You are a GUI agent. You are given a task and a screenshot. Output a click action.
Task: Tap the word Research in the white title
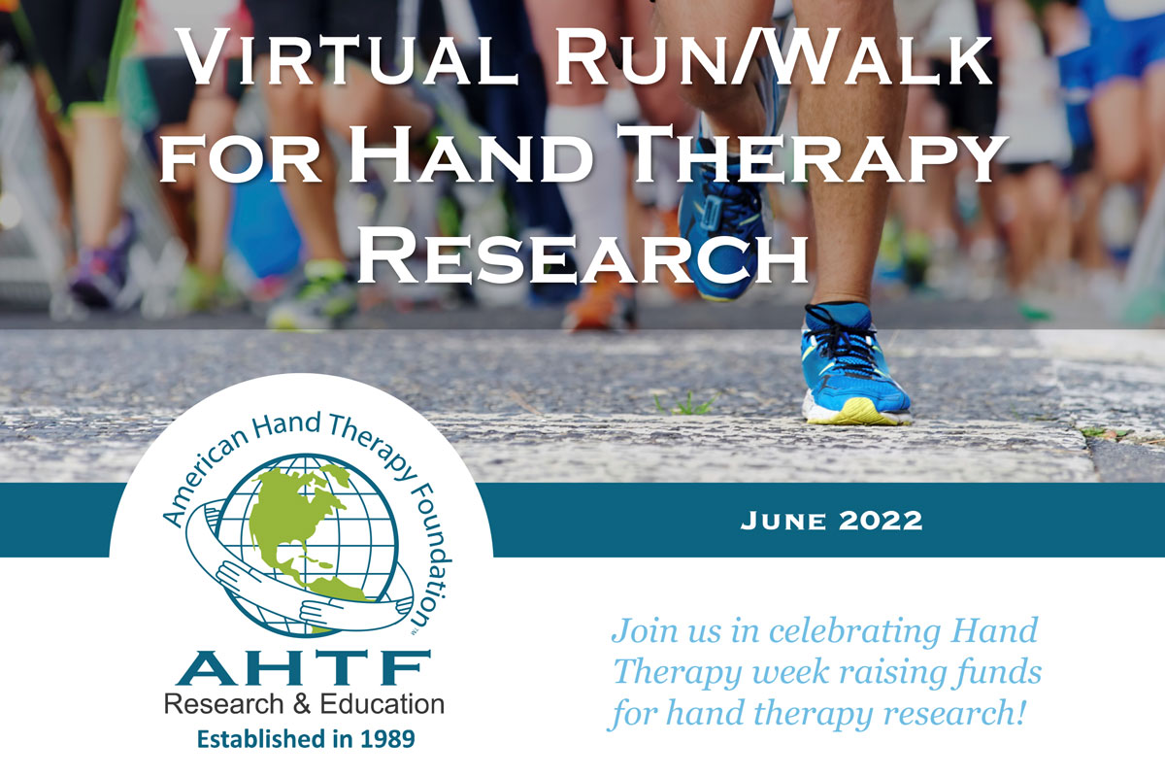[582, 257]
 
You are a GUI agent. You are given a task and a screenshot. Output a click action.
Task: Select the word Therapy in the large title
[811, 155]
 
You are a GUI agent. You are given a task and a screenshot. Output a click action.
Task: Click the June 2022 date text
[831, 521]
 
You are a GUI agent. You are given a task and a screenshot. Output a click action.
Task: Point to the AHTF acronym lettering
[303, 667]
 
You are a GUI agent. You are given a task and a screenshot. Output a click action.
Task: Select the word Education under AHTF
[382, 704]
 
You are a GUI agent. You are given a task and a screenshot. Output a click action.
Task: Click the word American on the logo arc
[202, 479]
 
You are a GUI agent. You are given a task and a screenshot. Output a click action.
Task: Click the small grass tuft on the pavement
[686, 403]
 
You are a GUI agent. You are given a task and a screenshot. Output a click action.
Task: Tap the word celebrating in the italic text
[854, 631]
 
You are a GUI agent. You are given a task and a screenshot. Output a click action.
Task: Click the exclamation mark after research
[1020, 712]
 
